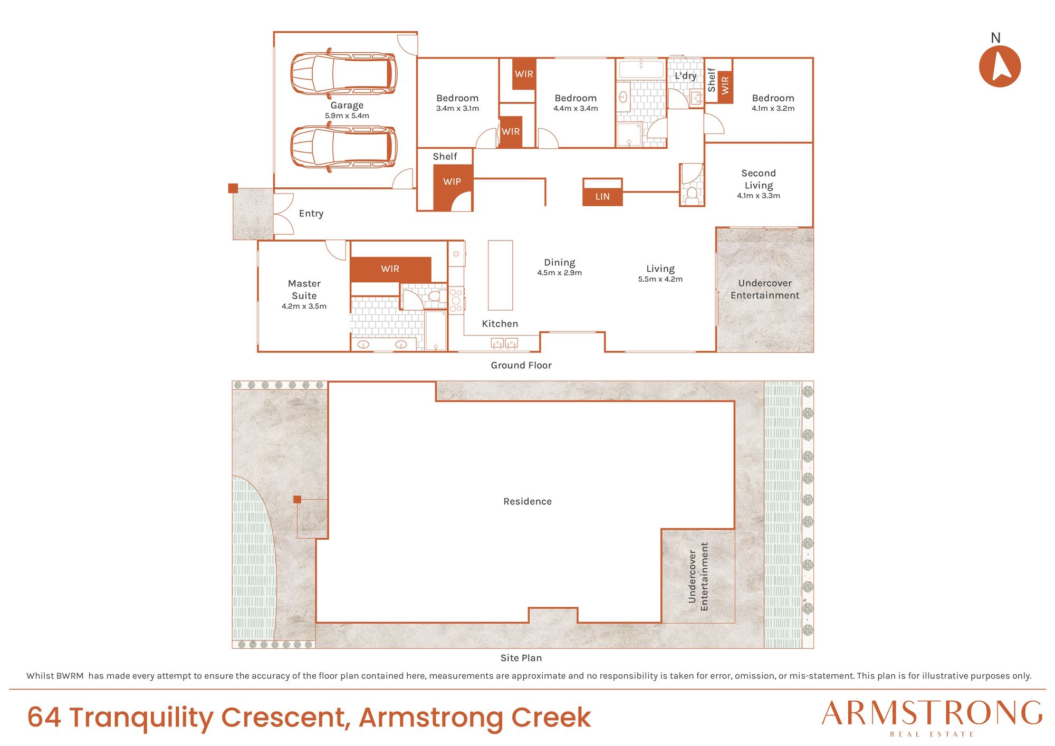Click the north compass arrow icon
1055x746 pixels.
[x=1000, y=66]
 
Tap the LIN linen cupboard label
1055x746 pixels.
[x=602, y=197]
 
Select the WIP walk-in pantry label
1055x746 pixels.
[x=452, y=181]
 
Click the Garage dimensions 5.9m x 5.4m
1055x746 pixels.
[x=347, y=116]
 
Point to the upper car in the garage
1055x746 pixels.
[x=343, y=73]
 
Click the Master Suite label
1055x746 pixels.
[x=304, y=290]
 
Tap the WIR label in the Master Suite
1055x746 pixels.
[x=390, y=269]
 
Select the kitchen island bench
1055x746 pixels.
[x=500, y=275]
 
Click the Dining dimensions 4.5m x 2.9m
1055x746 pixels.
[x=560, y=273]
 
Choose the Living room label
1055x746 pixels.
[x=660, y=269]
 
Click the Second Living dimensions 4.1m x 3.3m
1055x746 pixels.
[x=759, y=196]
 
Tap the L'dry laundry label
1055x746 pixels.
[x=686, y=76]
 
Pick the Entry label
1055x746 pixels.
[x=311, y=214]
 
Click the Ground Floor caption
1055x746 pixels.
[x=521, y=365]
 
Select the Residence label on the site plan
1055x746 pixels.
[x=527, y=501]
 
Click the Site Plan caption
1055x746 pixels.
[x=521, y=658]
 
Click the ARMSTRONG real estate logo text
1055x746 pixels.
[x=932, y=714]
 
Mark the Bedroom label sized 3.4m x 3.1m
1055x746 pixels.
[x=457, y=98]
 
